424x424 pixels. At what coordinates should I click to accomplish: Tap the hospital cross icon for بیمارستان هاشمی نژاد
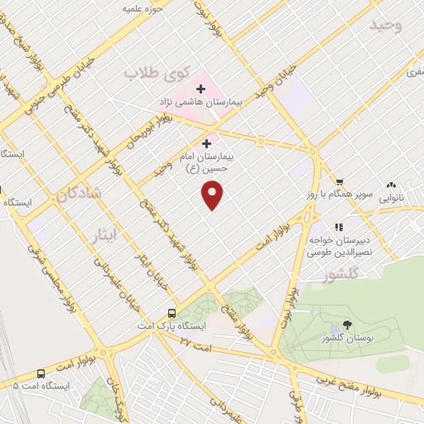tap(200, 89)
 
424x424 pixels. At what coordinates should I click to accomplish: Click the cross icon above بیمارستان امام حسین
tap(206, 143)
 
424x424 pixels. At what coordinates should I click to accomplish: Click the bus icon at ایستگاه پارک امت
tap(171, 313)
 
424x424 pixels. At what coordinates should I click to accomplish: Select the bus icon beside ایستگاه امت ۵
tap(41, 373)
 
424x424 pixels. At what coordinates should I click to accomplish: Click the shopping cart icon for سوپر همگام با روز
tap(339, 181)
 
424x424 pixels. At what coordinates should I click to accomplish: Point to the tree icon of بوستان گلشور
tap(345, 329)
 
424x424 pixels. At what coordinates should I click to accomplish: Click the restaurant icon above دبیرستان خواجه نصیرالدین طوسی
tap(338, 226)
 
